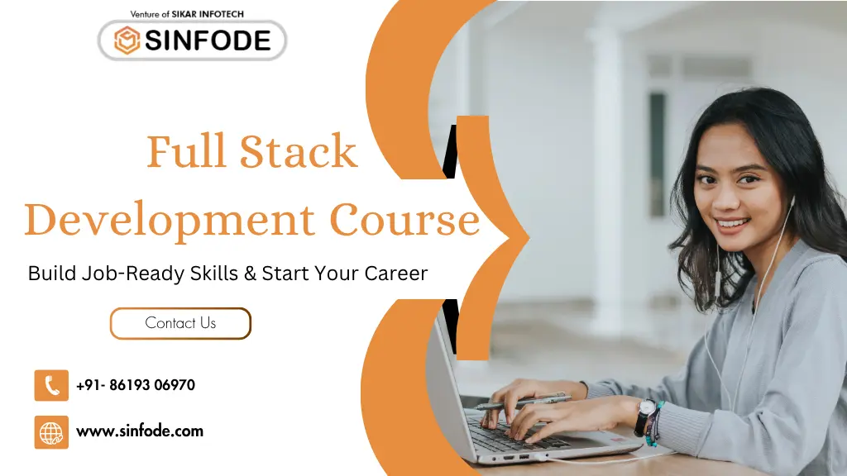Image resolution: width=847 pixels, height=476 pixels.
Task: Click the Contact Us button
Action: click(180, 323)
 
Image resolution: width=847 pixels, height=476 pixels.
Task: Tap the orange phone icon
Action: click(51, 385)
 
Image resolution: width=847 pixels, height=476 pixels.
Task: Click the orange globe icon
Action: click(51, 432)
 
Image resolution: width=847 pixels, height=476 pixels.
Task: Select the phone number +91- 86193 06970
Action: click(136, 385)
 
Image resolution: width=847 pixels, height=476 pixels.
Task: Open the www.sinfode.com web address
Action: click(139, 431)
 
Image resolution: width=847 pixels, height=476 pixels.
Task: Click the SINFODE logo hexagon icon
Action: click(127, 40)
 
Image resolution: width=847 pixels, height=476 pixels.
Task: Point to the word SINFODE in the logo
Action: click(208, 40)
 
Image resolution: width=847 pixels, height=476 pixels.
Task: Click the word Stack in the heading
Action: click(299, 152)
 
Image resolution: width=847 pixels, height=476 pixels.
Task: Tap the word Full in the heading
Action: click(186, 152)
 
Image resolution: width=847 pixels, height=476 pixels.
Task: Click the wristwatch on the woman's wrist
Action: click(644, 416)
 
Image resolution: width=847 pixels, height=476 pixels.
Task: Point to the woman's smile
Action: click(733, 223)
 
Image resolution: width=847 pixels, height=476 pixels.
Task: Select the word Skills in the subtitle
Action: click(215, 273)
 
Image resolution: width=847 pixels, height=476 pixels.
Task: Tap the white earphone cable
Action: click(721, 347)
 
